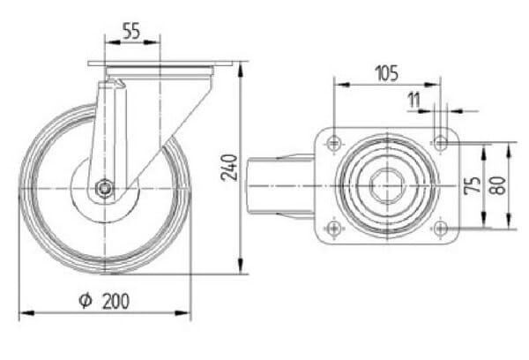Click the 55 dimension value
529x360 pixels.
(131, 31)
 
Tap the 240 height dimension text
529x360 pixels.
(229, 168)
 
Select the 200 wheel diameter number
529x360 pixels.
(115, 301)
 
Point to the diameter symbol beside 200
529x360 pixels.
(86, 301)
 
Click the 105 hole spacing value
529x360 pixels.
(387, 73)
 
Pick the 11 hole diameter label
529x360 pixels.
(414, 100)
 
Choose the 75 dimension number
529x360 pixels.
(473, 185)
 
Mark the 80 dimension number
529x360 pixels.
(498, 185)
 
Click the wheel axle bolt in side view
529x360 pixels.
(105, 188)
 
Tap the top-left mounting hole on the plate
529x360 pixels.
(334, 143)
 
